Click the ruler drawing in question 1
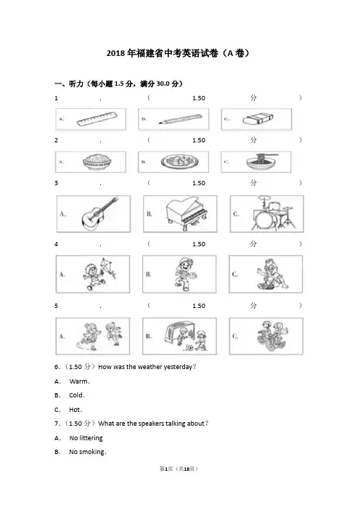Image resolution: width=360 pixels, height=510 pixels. [x=97, y=118]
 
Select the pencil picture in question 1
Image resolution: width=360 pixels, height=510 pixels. [x=180, y=118]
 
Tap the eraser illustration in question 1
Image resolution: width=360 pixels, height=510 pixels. [x=258, y=119]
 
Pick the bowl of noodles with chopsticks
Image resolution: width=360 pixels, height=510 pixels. [x=262, y=161]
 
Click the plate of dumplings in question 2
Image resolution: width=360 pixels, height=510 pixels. [x=179, y=162]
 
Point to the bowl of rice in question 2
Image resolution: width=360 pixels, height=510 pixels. [x=97, y=162]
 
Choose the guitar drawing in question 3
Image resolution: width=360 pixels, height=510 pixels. [x=99, y=214]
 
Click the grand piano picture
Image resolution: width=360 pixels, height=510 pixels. [x=187, y=213]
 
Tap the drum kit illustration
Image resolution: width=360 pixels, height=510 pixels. [x=274, y=213]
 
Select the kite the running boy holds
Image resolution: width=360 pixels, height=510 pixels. [x=107, y=267]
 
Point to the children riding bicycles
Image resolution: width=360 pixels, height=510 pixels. [x=272, y=336]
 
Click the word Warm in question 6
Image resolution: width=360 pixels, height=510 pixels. [x=78, y=381]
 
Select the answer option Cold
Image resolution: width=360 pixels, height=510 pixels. [x=76, y=395]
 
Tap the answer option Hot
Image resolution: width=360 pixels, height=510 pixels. [x=75, y=410]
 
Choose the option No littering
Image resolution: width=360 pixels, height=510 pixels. [x=86, y=438]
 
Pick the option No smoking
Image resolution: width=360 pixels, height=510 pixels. [x=87, y=452]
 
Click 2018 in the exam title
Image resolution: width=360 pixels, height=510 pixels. [x=115, y=53]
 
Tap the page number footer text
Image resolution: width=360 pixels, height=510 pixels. [x=179, y=469]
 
